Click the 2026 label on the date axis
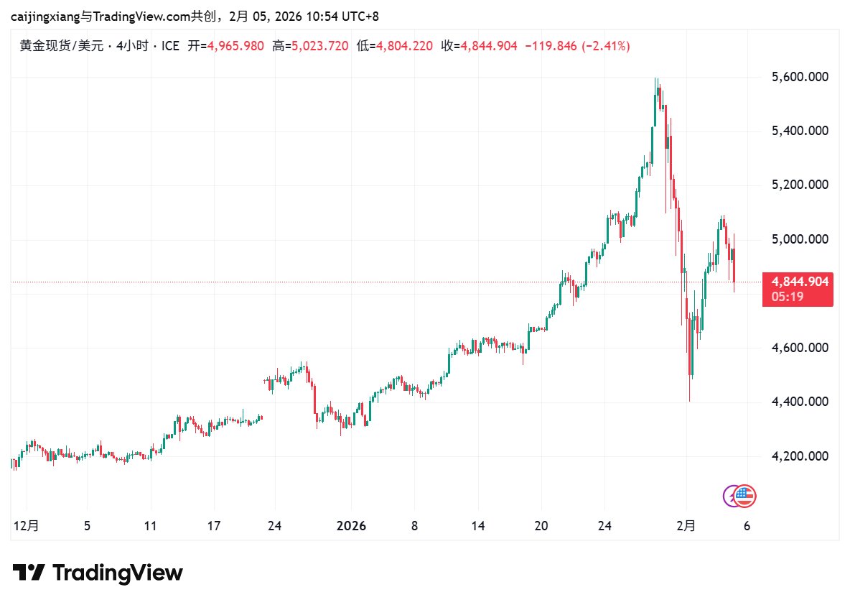click(x=351, y=526)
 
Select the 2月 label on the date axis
click(x=686, y=526)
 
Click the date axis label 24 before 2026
click(x=274, y=526)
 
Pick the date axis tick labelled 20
click(x=541, y=526)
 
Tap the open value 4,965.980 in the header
click(x=235, y=46)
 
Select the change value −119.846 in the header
click(x=551, y=46)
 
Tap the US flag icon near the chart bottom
click(x=745, y=494)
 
